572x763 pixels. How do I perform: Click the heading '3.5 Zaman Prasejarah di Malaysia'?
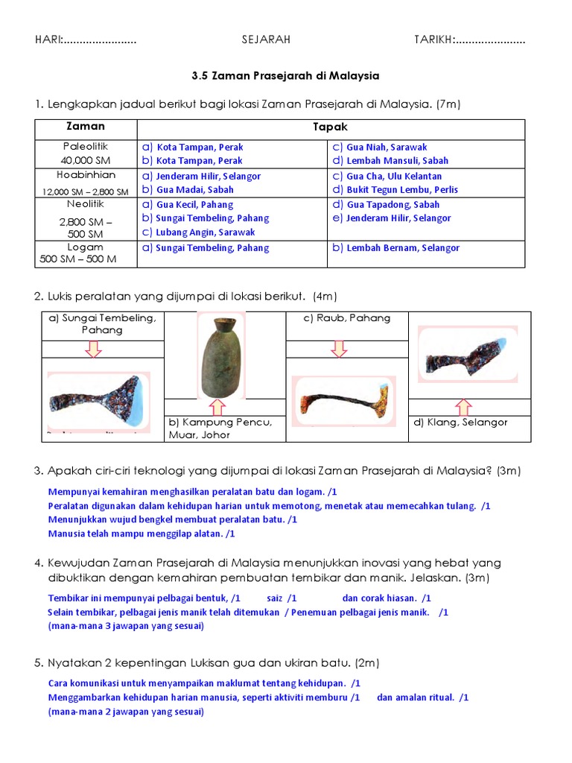pos(285,75)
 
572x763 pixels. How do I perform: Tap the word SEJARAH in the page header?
pos(266,39)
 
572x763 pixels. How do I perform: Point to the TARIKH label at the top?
pos(436,39)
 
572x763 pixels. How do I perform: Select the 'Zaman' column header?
pos(86,127)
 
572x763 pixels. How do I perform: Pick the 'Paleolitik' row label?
pos(85,146)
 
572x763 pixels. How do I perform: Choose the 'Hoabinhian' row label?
pos(86,176)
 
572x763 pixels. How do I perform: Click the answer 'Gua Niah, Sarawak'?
pos(387,147)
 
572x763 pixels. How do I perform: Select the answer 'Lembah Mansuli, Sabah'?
pos(397,160)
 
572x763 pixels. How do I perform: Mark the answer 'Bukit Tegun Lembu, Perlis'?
pos(402,189)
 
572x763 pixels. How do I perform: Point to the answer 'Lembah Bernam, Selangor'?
pos(403,247)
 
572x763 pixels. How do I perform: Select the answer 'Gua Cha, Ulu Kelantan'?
pos(394,176)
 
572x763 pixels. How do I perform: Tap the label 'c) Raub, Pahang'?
pos(336,318)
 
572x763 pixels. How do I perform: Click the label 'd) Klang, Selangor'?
pos(460,422)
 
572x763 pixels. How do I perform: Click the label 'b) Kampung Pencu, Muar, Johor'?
pos(220,428)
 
